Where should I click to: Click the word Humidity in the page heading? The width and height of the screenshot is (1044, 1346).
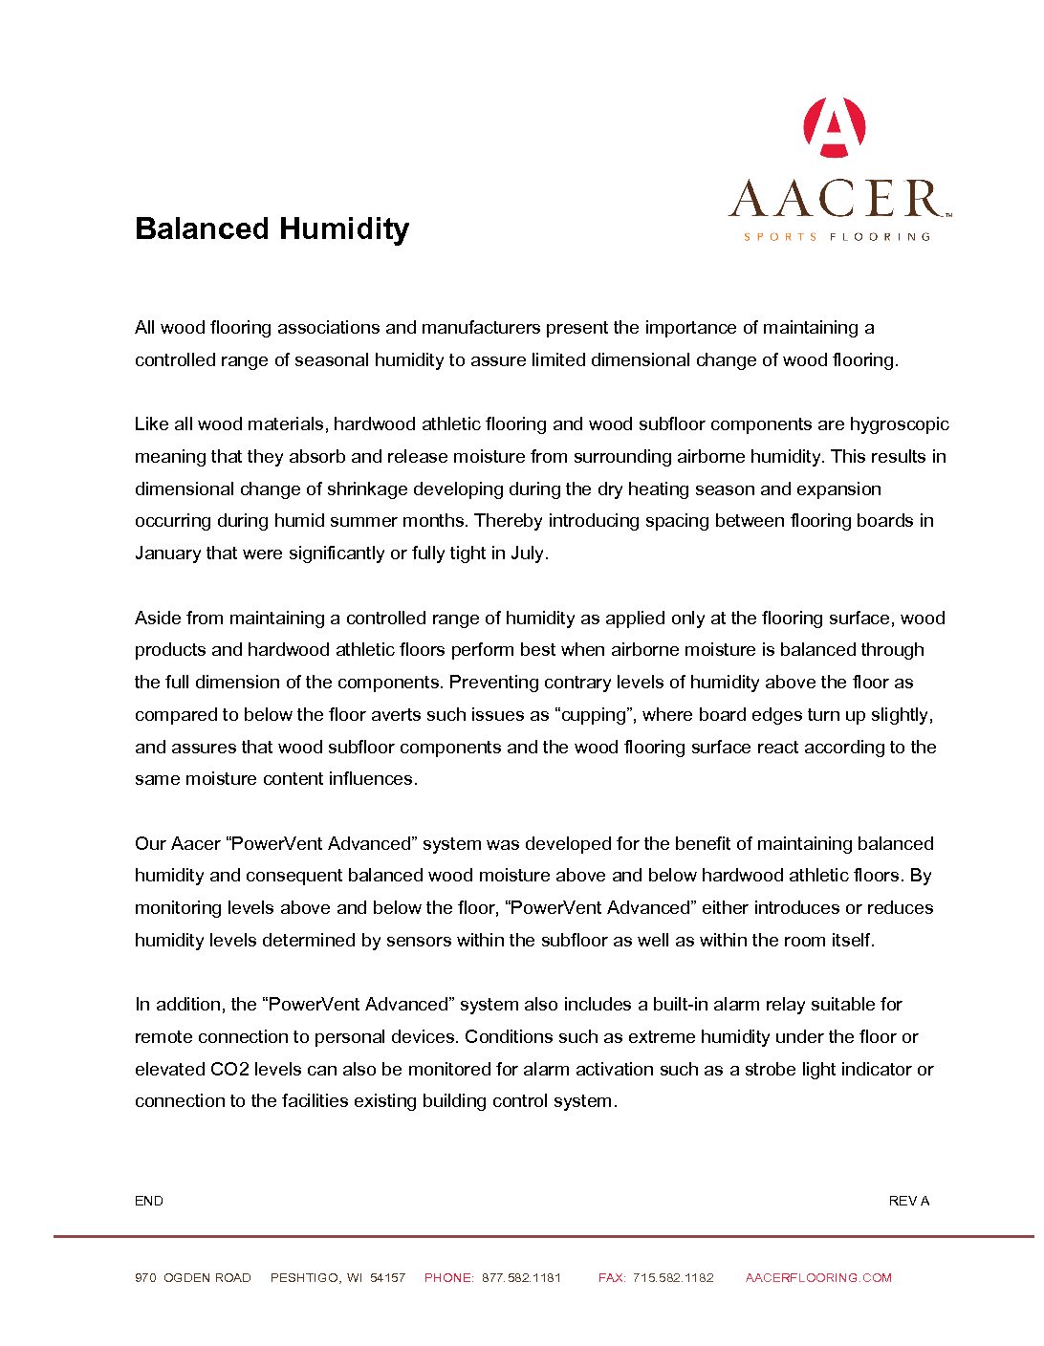[344, 229]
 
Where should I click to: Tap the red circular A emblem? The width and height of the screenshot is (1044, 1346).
[835, 127]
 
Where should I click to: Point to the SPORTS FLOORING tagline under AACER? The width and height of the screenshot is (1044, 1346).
[837, 237]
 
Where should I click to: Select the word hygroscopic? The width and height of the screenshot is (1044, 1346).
[900, 424]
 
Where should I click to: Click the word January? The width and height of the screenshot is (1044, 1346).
[167, 554]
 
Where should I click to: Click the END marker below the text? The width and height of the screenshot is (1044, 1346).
[149, 1202]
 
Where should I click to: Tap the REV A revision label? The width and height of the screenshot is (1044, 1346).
[908, 1202]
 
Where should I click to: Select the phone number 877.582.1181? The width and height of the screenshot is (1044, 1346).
[521, 1278]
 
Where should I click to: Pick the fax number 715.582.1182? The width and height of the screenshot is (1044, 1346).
[673, 1278]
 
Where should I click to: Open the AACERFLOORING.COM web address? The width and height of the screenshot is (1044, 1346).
[818, 1278]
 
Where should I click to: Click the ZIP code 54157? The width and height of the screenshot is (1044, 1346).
[387, 1278]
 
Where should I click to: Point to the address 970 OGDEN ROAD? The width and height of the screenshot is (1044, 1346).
[193, 1278]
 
